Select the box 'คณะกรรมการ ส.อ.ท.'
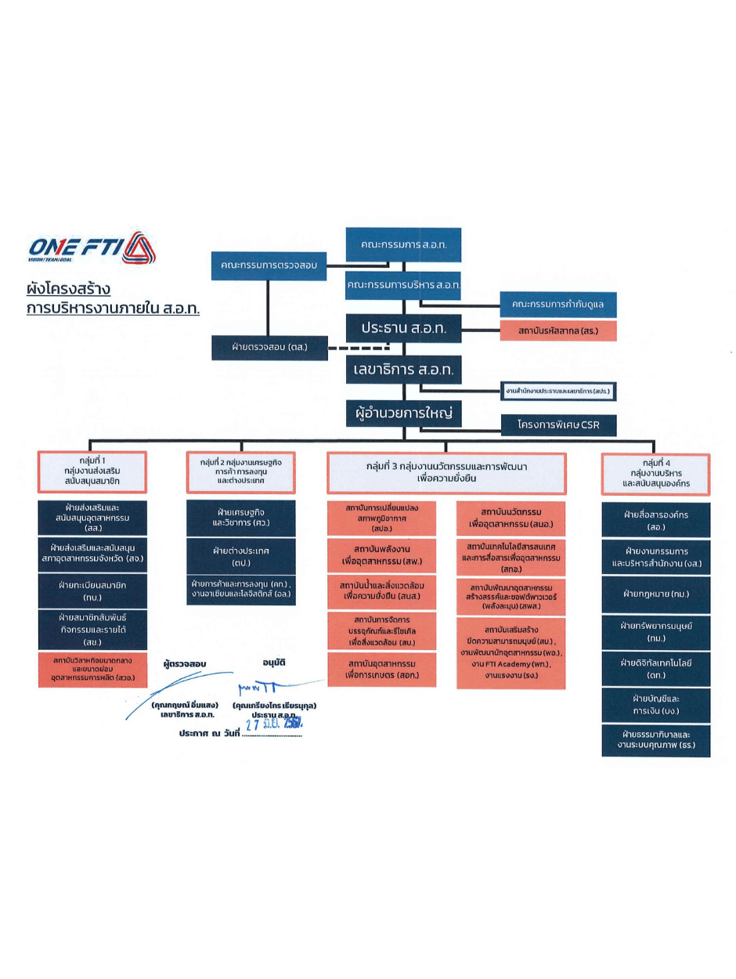pyautogui.click(x=403, y=244)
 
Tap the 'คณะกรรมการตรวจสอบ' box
pyautogui.click(x=268, y=266)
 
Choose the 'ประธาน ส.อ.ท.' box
pyautogui.click(x=403, y=328)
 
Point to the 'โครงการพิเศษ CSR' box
pyautogui.click(x=558, y=425)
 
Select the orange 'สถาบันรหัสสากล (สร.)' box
pyautogui.click(x=558, y=331)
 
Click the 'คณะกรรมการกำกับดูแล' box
pyautogui.click(x=558, y=302)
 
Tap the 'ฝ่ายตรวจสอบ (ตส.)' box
pyautogui.click(x=268, y=346)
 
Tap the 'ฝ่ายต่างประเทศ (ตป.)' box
pyautogui.click(x=241, y=556)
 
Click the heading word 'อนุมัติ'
pyautogui.click(x=271, y=663)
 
